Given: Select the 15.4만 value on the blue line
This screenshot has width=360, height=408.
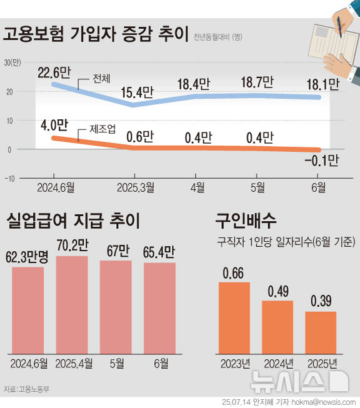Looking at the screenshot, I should [136, 92].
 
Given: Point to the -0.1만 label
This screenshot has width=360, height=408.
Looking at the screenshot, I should [321, 161].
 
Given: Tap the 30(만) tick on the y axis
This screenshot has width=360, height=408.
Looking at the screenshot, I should [12, 62].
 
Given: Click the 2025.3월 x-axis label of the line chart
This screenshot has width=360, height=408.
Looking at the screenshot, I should [136, 186].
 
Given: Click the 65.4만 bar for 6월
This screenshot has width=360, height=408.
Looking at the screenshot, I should [159, 307].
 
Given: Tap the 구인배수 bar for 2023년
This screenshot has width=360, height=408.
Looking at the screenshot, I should [234, 318].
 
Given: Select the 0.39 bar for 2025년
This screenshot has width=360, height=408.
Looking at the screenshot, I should [321, 332].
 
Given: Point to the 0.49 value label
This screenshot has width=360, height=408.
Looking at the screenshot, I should [277, 292].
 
